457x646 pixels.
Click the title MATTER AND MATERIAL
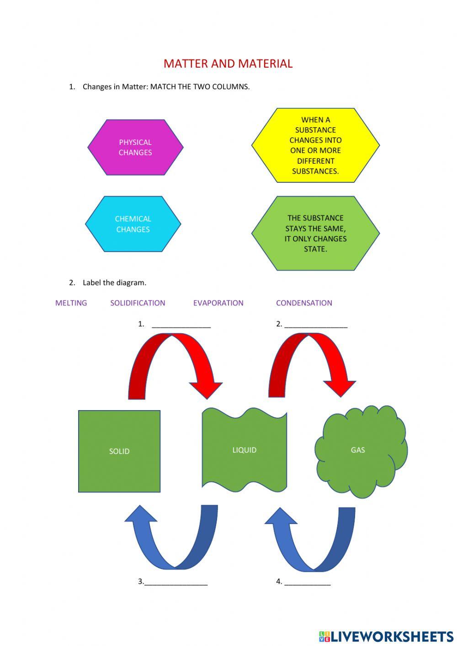(x=228, y=64)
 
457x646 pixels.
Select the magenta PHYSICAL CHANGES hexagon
(x=135, y=147)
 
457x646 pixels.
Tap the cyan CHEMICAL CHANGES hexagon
(x=133, y=224)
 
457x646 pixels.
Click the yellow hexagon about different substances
(x=315, y=145)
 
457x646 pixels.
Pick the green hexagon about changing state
(x=315, y=233)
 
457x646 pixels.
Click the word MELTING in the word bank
(x=71, y=303)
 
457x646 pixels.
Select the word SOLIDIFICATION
(x=138, y=303)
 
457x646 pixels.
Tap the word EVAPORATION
(x=218, y=303)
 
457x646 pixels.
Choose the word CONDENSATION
(x=304, y=303)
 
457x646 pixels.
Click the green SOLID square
(x=119, y=451)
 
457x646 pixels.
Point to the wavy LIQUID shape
(x=244, y=450)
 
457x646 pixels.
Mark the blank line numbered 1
(x=181, y=326)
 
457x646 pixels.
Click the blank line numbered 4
(x=307, y=583)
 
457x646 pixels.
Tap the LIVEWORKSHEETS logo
(x=386, y=636)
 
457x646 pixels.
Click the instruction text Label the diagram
(x=114, y=283)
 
